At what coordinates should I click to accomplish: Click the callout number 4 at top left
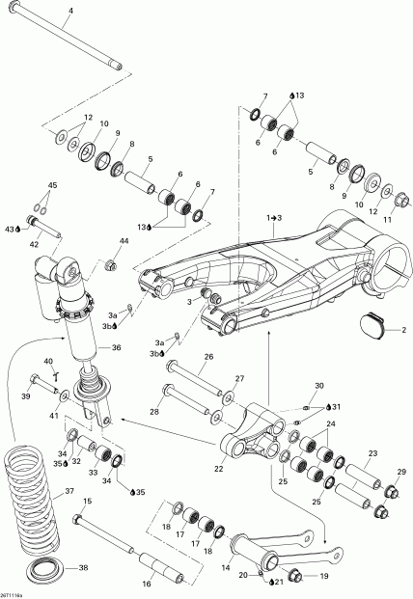tap(69, 12)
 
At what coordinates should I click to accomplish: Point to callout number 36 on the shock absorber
tap(115, 348)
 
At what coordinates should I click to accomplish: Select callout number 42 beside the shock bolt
tap(35, 245)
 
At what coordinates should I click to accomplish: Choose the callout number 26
tap(206, 356)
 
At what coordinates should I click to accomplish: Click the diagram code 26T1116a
tap(14, 591)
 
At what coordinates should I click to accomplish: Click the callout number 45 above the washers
tap(53, 185)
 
